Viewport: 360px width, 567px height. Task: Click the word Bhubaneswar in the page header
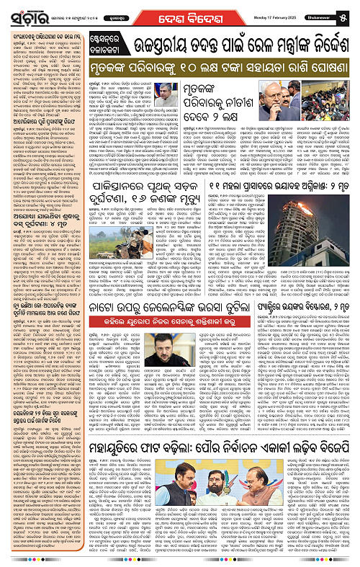pos(329,13)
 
